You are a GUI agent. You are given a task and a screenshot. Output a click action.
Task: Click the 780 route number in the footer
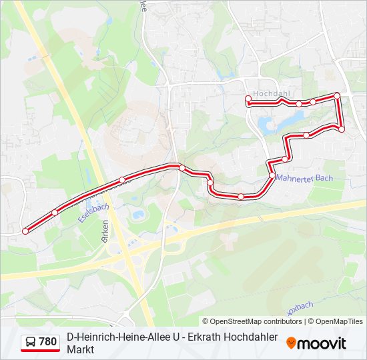click(x=47, y=342)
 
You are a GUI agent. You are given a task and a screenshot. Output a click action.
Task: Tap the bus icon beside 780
click(x=31, y=342)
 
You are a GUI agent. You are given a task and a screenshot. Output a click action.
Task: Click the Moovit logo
click(x=316, y=343)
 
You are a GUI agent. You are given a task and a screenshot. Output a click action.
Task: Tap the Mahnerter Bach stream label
click(x=304, y=179)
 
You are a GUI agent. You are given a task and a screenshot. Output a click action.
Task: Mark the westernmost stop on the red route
click(x=25, y=231)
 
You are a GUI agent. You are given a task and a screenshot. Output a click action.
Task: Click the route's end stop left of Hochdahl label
click(x=248, y=99)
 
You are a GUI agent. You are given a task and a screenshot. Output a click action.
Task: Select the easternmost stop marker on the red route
click(x=342, y=129)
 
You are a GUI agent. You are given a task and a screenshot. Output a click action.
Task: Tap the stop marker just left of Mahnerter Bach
click(x=272, y=175)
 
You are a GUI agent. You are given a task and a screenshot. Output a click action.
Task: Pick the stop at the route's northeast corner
click(x=337, y=96)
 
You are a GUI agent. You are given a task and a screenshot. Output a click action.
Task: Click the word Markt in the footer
click(x=80, y=349)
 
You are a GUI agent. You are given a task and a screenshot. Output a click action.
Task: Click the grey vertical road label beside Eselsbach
click(x=105, y=237)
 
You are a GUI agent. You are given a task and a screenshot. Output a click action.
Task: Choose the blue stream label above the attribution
click(x=300, y=309)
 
